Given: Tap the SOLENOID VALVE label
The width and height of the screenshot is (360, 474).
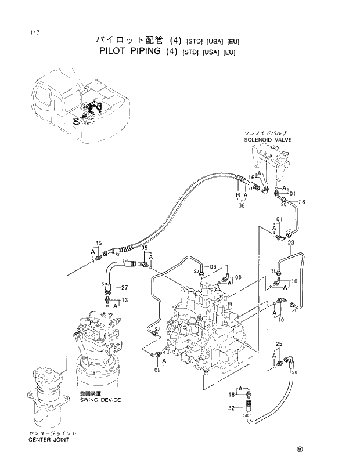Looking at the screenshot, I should tap(268, 140).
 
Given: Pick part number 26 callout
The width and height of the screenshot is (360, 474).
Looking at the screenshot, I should tap(301, 202).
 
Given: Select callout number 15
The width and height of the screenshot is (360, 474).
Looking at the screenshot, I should tap(98, 242).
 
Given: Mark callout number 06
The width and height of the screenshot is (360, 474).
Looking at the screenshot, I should tap(213, 266).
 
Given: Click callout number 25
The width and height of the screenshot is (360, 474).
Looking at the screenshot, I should tap(279, 345).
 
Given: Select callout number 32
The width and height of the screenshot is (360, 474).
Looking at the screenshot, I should tap(232, 408).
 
